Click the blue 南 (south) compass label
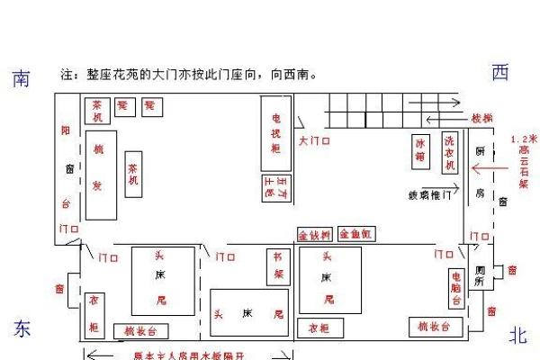click(x=21, y=79)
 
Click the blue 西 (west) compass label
click(x=501, y=74)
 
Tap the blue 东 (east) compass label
click(x=22, y=329)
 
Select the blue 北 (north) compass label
click(x=517, y=336)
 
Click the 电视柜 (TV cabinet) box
click(x=275, y=132)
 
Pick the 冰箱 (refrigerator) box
click(x=419, y=148)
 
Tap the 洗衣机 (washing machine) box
click(x=449, y=153)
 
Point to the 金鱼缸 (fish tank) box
click(x=356, y=235)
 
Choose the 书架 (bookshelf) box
click(x=279, y=268)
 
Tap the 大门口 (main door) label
click(x=314, y=141)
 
